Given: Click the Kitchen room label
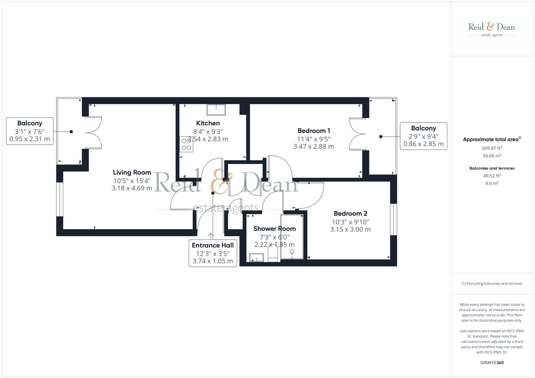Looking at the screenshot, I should (x=208, y=123).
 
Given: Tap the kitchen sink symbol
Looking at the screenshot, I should (x=216, y=110).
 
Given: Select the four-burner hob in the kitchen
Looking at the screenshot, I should (x=186, y=144).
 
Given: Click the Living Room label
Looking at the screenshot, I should (x=132, y=173).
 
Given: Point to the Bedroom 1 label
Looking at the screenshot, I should (x=314, y=131).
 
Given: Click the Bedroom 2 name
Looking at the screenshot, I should (x=350, y=214).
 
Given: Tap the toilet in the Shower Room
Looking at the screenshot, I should (x=273, y=254).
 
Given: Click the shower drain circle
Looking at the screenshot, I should (x=292, y=252).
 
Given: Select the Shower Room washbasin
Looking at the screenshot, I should (x=256, y=258).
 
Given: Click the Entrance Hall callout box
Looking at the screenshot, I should (x=213, y=253).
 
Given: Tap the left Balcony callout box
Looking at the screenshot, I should (x=30, y=131).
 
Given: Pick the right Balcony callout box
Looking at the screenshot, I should (x=423, y=136).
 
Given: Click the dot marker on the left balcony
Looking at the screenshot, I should (x=71, y=132).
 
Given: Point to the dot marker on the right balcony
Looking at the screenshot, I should (x=381, y=137).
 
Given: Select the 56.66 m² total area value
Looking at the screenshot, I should (x=492, y=156).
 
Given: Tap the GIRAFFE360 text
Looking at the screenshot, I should (x=492, y=363).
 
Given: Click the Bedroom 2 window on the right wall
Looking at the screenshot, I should (x=393, y=219).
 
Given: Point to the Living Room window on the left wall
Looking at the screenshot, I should (x=60, y=199).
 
